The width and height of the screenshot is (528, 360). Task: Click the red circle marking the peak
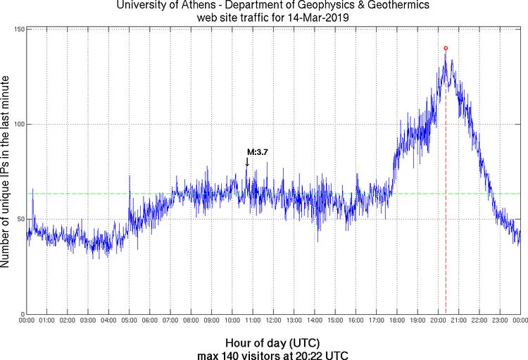446,48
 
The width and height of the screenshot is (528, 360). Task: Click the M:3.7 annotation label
257,152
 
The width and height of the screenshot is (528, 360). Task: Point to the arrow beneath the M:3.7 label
247,161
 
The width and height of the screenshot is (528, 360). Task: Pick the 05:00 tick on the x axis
130,321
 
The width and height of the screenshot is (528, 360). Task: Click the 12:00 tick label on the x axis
273,321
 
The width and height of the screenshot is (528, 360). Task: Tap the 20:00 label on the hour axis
438,321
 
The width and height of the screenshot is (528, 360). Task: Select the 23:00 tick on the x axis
499,321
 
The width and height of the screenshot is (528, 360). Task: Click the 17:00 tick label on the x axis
376,321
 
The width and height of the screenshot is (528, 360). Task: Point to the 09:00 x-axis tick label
212,321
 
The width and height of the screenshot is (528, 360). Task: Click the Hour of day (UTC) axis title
273,342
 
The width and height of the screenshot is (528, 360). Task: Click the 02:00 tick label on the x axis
68,321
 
